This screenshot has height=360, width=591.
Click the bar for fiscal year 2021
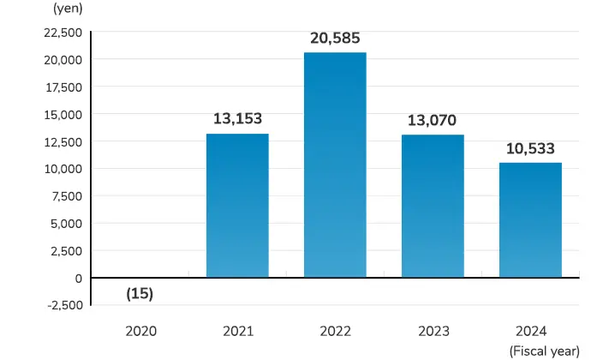pyautogui.click(x=237, y=206)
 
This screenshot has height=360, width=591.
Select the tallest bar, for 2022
pyautogui.click(x=335, y=165)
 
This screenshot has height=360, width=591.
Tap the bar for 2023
pyautogui.click(x=433, y=206)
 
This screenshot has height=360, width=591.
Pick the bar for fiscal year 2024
pyautogui.click(x=530, y=219)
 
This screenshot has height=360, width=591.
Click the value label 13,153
pyautogui.click(x=237, y=119)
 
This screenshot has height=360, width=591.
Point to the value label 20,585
pyautogui.click(x=335, y=38)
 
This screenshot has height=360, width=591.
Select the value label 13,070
pyautogui.click(x=433, y=120)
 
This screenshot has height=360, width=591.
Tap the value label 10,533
pyautogui.click(x=530, y=148)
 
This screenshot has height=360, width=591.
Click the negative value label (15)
pyautogui.click(x=140, y=293)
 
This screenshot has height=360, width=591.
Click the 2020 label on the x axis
pyautogui.click(x=140, y=330)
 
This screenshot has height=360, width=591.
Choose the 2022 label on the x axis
pyautogui.click(x=335, y=330)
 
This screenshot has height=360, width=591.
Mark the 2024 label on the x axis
pyautogui.click(x=530, y=330)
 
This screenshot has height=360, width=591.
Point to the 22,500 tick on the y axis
pyautogui.click(x=61, y=33)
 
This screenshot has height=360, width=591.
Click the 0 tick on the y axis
pyautogui.click(x=78, y=278)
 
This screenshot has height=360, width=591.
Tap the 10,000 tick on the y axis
pyautogui.click(x=61, y=169)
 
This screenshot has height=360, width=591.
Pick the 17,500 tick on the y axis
pyautogui.click(x=61, y=87)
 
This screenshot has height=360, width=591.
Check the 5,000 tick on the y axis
pyautogui.click(x=64, y=223)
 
